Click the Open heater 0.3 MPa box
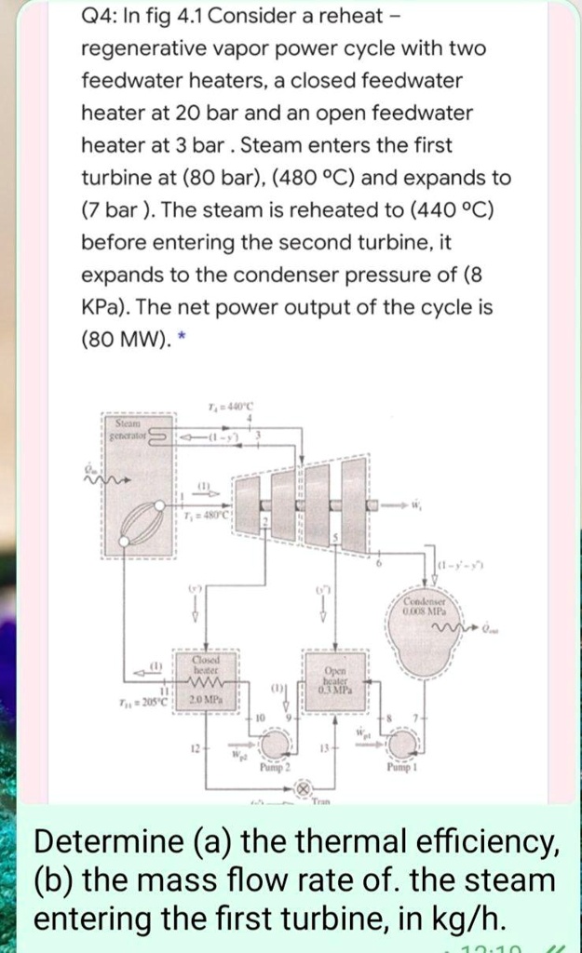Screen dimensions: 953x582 click(337, 676)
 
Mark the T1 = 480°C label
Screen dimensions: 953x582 click(210, 517)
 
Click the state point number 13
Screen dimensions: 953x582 click(322, 747)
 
